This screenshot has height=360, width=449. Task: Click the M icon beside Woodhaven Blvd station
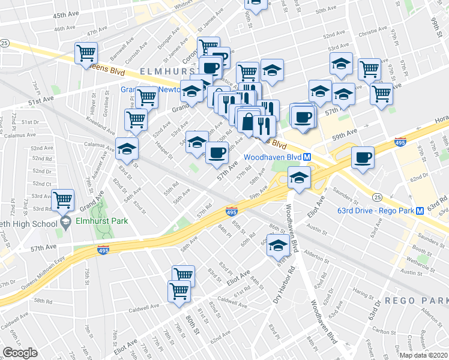[x=307, y=157]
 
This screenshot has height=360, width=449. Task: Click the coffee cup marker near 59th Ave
[x=362, y=157]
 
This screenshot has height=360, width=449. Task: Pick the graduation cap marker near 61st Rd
[x=277, y=245]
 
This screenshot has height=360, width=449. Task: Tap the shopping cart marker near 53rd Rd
[x=63, y=200]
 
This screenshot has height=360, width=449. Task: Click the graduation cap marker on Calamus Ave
[x=127, y=148]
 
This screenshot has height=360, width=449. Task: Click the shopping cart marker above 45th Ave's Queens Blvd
[x=86, y=52]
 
